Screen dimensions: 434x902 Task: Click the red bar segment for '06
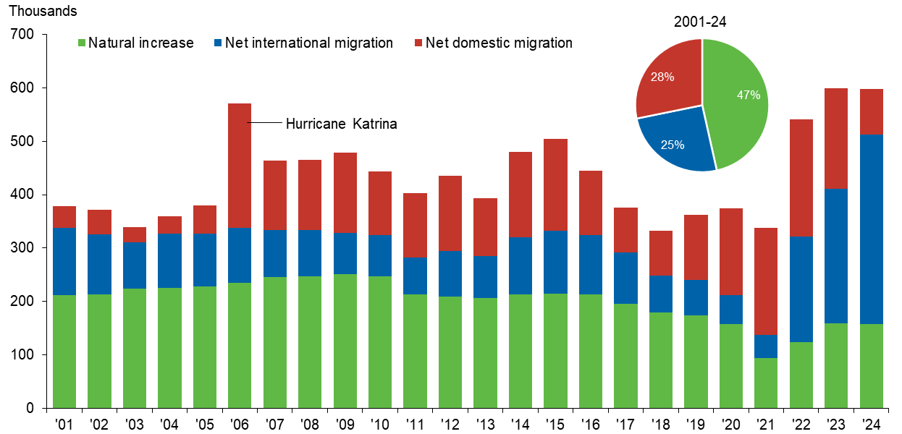click(240, 166)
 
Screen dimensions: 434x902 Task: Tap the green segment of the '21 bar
click(766, 383)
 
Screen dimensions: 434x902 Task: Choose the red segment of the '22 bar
click(801, 178)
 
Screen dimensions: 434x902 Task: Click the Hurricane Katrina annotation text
click(341, 124)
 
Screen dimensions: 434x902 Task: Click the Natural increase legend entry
click(140, 43)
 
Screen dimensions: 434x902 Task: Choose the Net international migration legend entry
click(308, 43)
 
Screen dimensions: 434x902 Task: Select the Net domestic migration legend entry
click(499, 43)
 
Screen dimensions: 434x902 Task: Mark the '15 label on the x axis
click(555, 422)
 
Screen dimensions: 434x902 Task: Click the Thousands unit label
click(43, 12)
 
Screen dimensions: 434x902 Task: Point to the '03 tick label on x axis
click(135, 422)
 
